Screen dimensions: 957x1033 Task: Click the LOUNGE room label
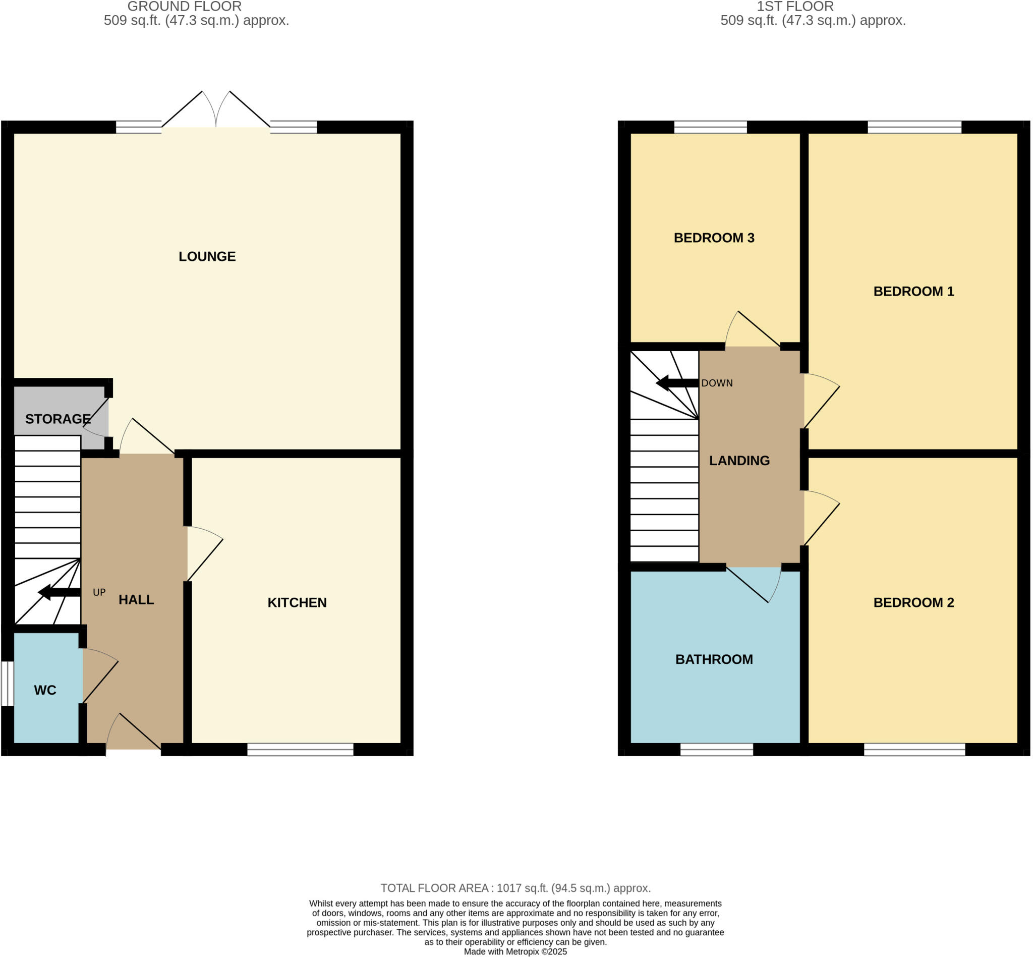pos(207,256)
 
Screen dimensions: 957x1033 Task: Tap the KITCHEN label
pos(297,602)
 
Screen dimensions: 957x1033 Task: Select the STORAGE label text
pos(58,419)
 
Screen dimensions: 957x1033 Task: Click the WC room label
pos(45,690)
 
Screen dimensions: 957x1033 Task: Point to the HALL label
pos(136,600)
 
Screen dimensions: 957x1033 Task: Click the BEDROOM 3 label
pos(714,238)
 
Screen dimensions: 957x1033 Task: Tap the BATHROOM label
pos(714,659)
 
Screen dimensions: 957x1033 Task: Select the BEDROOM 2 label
pos(913,602)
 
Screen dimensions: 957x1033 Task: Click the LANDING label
pos(739,461)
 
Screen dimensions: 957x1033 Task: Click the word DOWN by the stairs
pos(717,383)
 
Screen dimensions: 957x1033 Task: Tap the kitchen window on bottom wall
pos(300,749)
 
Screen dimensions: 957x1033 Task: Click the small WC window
pos(7,683)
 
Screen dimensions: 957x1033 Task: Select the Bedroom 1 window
pos(914,127)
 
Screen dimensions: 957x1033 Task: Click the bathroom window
pos(716,749)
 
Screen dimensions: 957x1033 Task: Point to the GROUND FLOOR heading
pos(184,7)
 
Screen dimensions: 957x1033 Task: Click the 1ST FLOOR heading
pos(795,7)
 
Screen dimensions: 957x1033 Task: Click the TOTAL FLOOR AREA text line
pos(515,888)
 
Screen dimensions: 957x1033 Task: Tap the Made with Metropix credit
pos(515,952)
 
